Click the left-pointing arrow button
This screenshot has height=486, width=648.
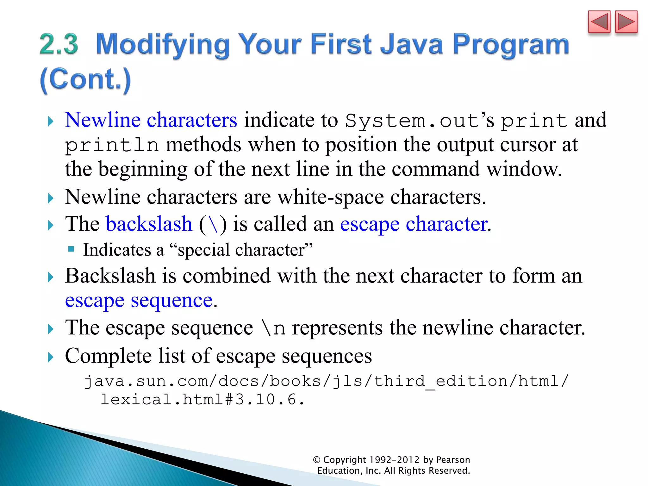pyautogui.click(x=599, y=22)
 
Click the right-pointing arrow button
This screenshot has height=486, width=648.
pyautogui.click(x=626, y=22)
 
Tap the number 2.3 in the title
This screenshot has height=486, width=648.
pyautogui.click(x=59, y=44)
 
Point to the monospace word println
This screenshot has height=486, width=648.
pyautogui.click(x=112, y=145)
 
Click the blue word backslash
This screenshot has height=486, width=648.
pyautogui.click(x=149, y=224)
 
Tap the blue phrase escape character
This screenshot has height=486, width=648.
pyautogui.click(x=414, y=224)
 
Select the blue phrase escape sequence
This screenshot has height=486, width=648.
pyautogui.click(x=139, y=300)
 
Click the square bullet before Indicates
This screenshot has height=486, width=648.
pyautogui.click(x=71, y=249)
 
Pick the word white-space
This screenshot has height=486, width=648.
pyautogui.click(x=330, y=197)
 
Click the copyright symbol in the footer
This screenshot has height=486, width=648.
pyautogui.click(x=316, y=460)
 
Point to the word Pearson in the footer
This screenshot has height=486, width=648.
pyautogui.click(x=453, y=460)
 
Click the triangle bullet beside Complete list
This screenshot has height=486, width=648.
pyautogui.click(x=51, y=357)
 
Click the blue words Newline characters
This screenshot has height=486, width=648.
pyautogui.click(x=151, y=120)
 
